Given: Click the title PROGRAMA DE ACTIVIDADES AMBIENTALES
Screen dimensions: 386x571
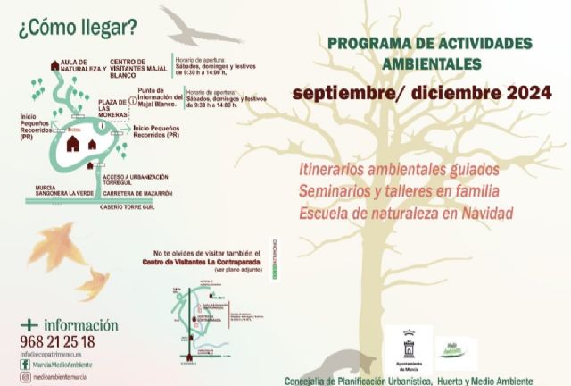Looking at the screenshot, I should [x=430, y=53].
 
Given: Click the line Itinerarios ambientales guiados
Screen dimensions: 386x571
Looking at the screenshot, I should [x=399, y=169].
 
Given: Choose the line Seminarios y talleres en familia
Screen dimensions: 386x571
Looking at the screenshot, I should [x=399, y=191].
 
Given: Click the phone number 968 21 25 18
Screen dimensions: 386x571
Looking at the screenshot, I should [x=57, y=341].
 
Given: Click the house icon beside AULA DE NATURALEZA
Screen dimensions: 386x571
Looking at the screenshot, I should [x=55, y=65].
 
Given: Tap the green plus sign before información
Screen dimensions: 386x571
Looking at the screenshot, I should [x=30, y=325].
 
